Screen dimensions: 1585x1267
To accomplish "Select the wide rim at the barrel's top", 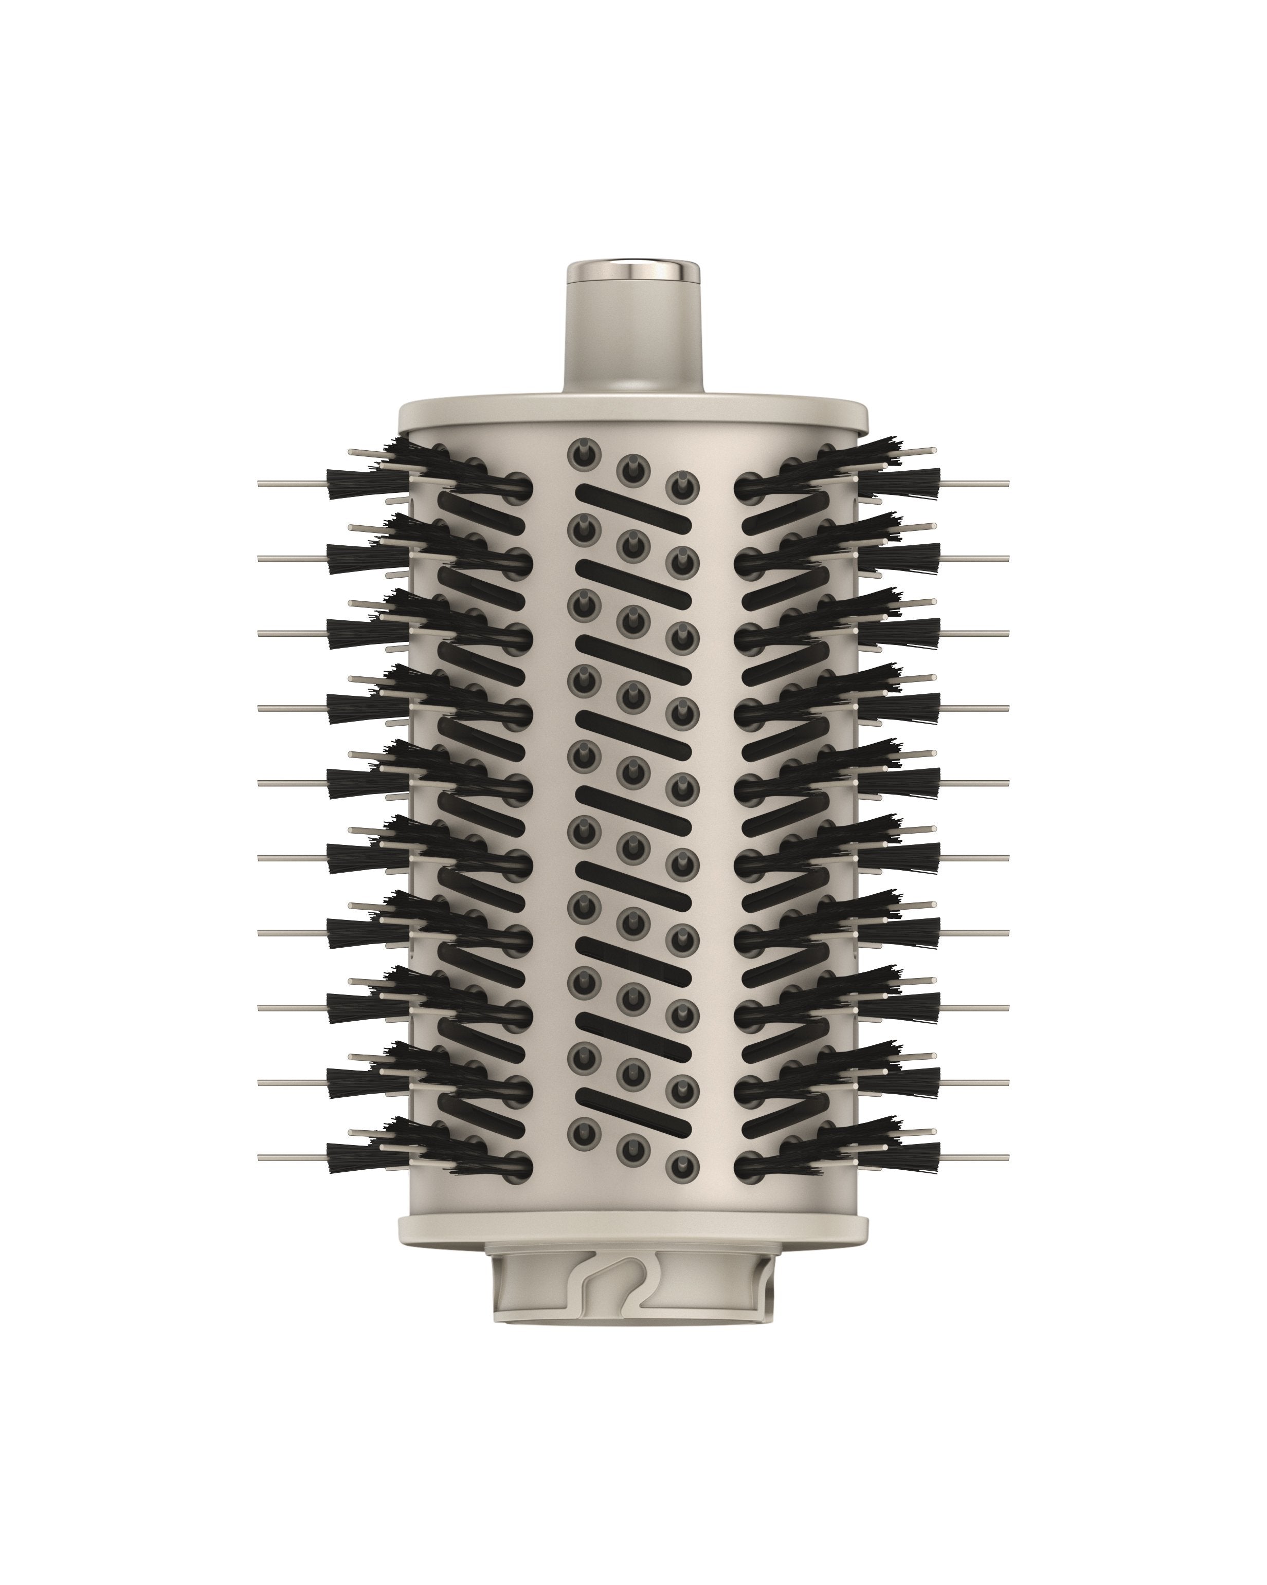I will coord(633,415).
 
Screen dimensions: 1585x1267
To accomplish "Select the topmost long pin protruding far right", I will coord(975,484).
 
